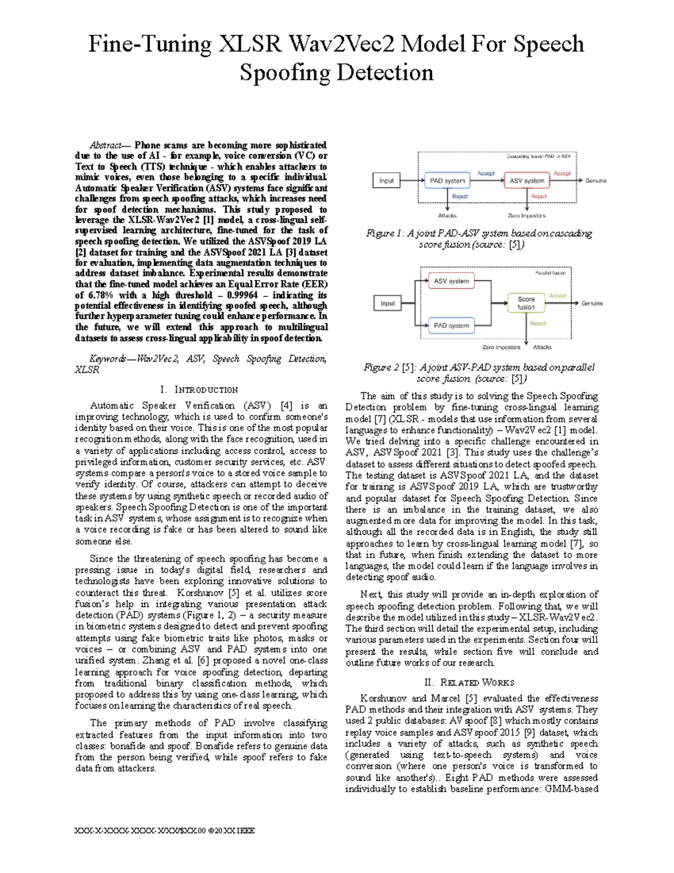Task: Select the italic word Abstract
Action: click(x=105, y=145)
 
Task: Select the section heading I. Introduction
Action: click(x=199, y=390)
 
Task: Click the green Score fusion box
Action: click(x=526, y=303)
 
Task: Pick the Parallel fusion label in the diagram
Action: click(x=550, y=272)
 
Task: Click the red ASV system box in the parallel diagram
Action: click(x=451, y=281)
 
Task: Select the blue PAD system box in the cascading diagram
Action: click(x=447, y=181)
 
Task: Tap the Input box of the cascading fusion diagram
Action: click(x=386, y=181)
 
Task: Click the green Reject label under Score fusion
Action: click(x=538, y=323)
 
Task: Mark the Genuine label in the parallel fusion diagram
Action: click(x=592, y=303)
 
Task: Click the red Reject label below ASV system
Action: click(x=539, y=196)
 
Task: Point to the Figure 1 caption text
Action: click(x=479, y=238)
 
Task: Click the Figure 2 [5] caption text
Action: click(x=479, y=373)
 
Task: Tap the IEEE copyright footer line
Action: click(x=165, y=830)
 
